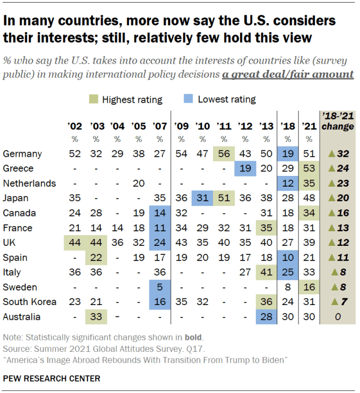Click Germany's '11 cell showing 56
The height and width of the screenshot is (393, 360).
coord(224,154)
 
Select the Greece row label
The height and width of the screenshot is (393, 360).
coord(18,169)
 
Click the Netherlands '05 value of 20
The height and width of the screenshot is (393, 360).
coord(138,183)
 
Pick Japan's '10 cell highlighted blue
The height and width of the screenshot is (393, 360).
coord(202,198)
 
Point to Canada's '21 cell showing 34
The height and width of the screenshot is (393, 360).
coord(309,213)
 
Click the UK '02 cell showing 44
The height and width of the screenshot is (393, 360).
coord(74,243)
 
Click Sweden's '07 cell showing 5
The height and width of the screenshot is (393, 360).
coord(159,288)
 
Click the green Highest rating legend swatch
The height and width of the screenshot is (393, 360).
coord(94,100)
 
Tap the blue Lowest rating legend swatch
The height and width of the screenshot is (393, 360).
coord(189,100)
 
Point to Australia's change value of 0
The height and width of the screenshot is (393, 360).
coord(339,317)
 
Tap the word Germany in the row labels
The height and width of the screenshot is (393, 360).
coord(22,154)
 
